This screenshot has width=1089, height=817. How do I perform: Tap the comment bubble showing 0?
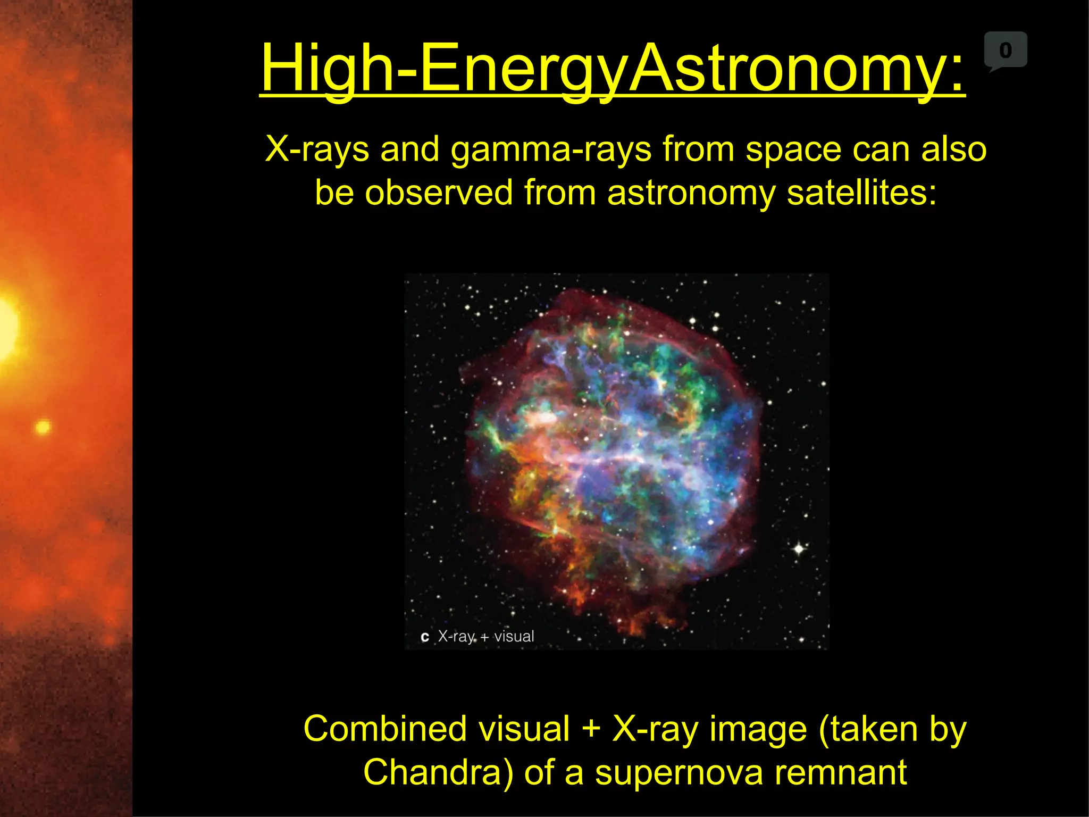(x=1005, y=51)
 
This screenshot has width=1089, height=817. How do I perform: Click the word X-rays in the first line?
(x=317, y=149)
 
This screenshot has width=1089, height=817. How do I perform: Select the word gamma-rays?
(x=551, y=150)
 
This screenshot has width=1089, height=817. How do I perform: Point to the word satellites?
(x=861, y=193)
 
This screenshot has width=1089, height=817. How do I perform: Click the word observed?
(x=439, y=193)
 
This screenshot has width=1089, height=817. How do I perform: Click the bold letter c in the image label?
(x=424, y=637)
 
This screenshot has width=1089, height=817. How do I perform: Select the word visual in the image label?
(x=514, y=636)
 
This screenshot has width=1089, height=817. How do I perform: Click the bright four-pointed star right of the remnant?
(x=799, y=548)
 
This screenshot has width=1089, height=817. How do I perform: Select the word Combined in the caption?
(x=378, y=729)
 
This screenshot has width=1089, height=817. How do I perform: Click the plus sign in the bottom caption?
(x=591, y=730)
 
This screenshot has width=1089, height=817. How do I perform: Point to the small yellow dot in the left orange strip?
(x=43, y=427)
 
